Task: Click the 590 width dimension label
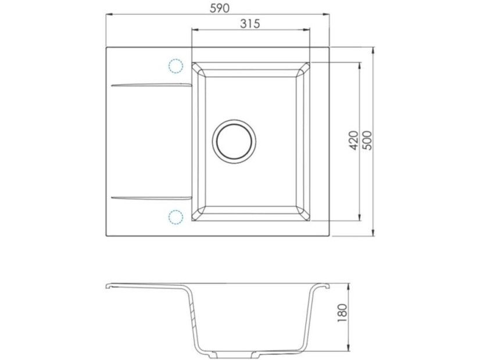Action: [x=220, y=8]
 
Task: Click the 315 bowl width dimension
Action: [x=250, y=24]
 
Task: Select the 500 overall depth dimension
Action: [x=368, y=141]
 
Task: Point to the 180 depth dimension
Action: [x=342, y=313]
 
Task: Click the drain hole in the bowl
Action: [x=234, y=141]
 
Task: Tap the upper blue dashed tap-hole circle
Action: [x=175, y=66]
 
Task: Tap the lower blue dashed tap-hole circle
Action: [x=175, y=217]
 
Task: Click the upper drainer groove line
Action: [x=152, y=84]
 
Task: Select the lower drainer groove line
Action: [x=152, y=197]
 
